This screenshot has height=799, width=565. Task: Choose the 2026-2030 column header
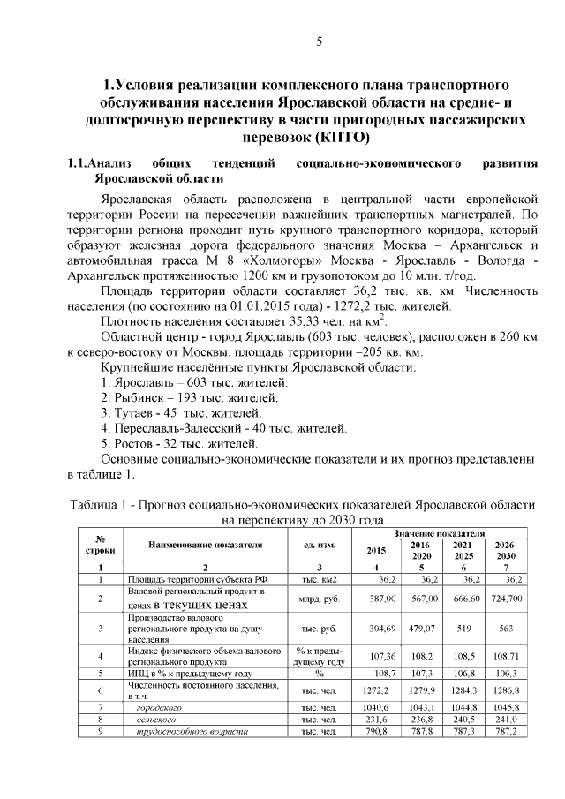(506, 550)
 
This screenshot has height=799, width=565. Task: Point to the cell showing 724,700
(506, 599)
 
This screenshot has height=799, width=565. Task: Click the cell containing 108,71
(508, 658)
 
